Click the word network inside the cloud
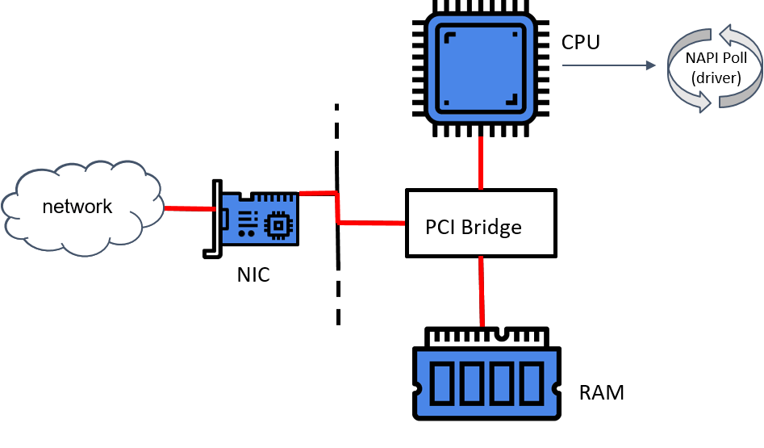77,207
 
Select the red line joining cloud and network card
190,208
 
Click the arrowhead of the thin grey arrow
652,65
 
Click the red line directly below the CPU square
481,163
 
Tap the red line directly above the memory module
482,291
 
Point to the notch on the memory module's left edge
418,388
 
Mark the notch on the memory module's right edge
556,388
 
